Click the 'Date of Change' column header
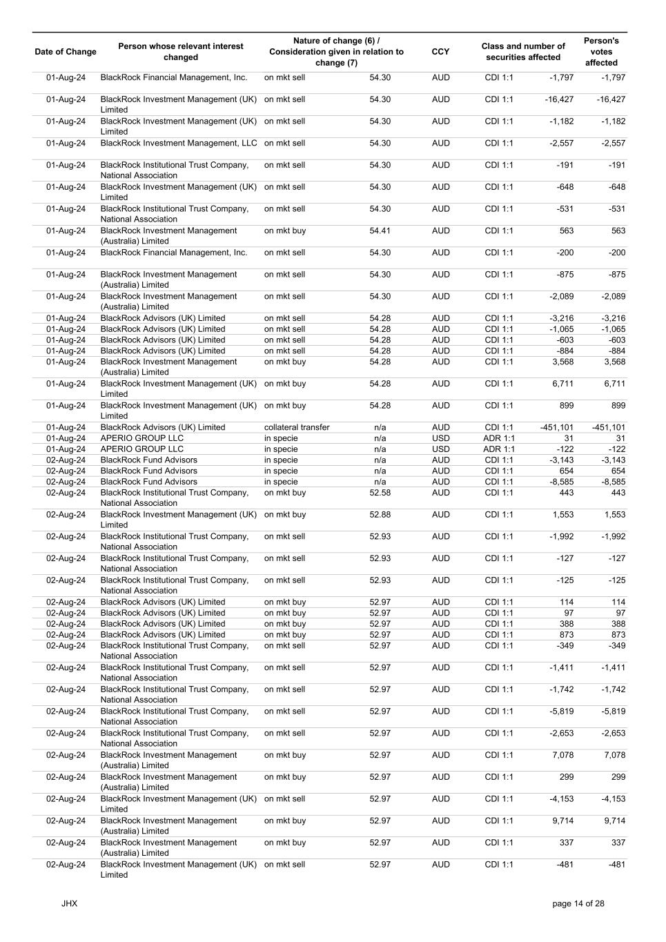pos(66,52)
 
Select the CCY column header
pos(440,52)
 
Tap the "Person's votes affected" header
pos(601,52)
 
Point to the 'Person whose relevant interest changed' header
pos(181,52)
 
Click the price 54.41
pos(380,231)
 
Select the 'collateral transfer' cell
pos(297,427)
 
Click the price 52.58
pos(380,493)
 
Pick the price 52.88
pos(380,515)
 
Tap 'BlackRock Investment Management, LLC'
pos(179,144)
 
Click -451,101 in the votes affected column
pos(608,427)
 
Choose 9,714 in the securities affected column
pos(562,821)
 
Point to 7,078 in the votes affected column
pos(614,755)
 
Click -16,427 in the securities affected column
pos(559,99)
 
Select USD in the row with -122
pos(440,449)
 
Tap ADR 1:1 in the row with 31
pos(499,438)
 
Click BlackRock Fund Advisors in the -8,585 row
pos(149,482)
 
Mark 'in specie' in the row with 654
pos(281,471)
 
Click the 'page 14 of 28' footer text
pos(578,903)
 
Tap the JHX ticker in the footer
pos(69,903)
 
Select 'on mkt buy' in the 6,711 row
pos(285,384)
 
